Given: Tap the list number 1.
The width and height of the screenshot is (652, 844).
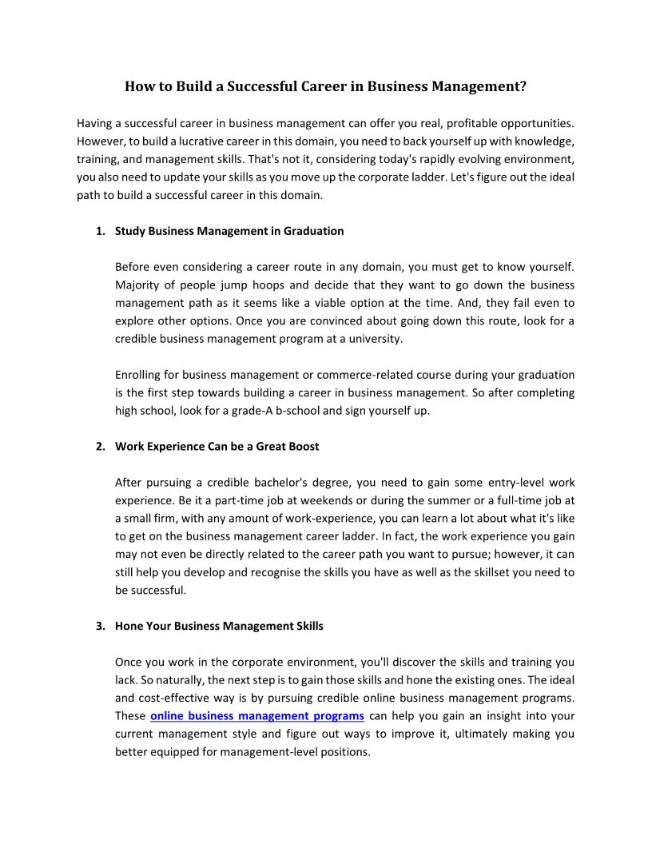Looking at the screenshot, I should (x=99, y=231).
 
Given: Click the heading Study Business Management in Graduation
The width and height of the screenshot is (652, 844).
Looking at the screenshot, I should (x=229, y=231).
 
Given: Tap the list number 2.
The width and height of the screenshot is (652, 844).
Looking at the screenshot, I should (x=99, y=447).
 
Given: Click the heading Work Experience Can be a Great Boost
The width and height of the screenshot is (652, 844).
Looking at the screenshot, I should (x=217, y=447).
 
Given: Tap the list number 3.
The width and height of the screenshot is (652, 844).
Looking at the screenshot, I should (x=99, y=626).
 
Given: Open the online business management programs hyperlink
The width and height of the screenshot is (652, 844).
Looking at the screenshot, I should (x=257, y=716).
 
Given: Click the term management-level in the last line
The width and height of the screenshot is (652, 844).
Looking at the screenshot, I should (x=258, y=752).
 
